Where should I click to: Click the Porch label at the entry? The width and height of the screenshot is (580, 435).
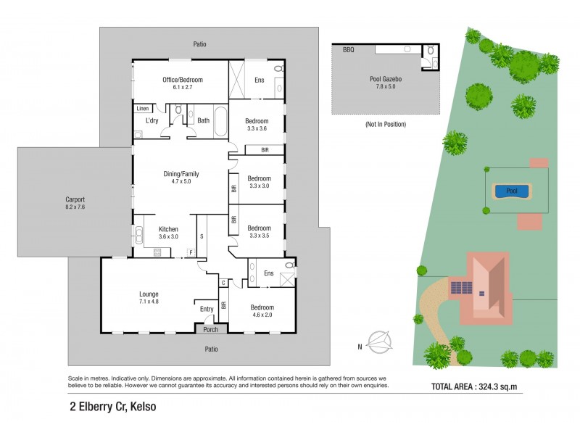210,328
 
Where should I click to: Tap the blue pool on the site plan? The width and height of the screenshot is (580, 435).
511,191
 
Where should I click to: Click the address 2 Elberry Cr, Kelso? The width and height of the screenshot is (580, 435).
108,407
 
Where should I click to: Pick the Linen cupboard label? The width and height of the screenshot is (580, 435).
144,109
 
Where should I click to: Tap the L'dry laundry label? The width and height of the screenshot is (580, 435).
152,120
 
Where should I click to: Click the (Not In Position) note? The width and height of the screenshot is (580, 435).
385,125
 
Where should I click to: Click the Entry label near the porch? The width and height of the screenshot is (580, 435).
207,309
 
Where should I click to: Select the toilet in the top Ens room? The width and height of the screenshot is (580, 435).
278,69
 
